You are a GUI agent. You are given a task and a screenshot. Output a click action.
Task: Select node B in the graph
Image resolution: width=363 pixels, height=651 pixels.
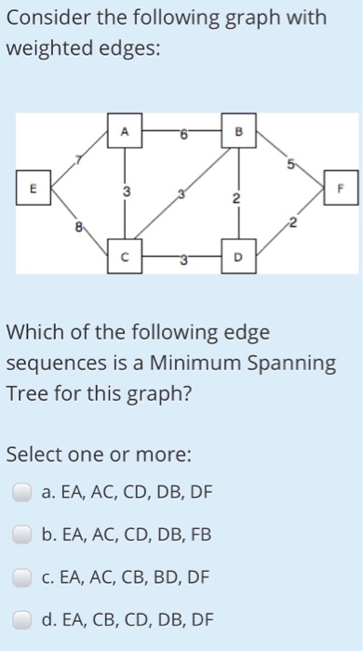[237, 135]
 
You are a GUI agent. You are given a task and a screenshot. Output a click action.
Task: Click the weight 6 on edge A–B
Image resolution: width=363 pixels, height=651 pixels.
[185, 135]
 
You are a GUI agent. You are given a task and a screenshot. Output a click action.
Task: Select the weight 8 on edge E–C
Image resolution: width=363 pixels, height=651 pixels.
[80, 224]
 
